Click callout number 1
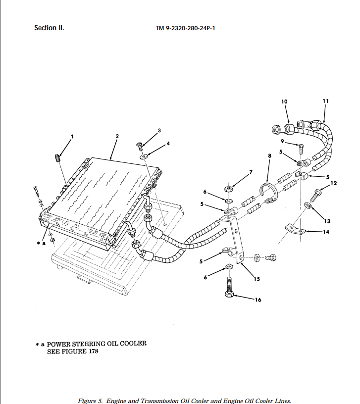72,137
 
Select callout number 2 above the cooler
117,136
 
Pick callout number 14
326,231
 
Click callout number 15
257,279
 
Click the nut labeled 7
230,189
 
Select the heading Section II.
49,28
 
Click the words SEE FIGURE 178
73,352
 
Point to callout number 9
282,142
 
